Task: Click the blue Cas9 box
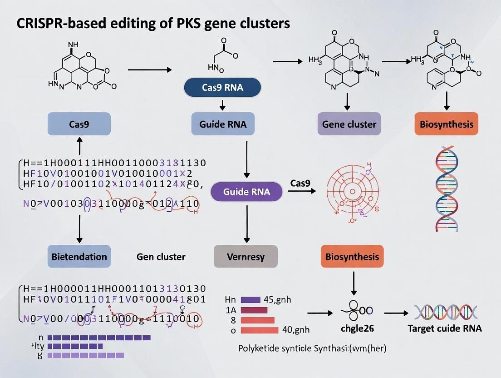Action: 79,124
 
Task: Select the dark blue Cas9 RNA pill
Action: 222,88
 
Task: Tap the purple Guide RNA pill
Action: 246,192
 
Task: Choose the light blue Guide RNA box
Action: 222,124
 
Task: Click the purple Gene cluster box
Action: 349,124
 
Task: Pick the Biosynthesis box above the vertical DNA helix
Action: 446,124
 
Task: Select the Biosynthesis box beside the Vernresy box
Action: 352,257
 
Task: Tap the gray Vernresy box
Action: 246,257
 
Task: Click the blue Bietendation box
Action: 79,257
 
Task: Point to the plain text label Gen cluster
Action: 161,257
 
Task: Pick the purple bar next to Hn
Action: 250,299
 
